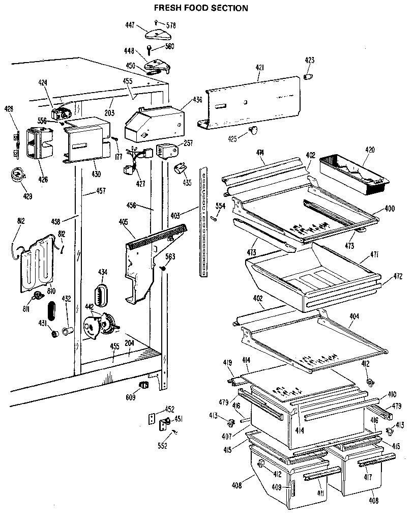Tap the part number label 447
130,25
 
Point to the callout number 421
260,67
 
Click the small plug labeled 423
307,76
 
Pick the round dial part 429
18,175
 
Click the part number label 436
198,100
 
